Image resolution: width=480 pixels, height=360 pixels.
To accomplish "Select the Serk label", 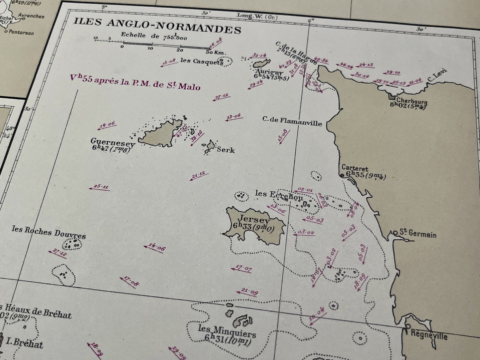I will click(226, 150).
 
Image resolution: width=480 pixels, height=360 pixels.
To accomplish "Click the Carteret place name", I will click(355, 168).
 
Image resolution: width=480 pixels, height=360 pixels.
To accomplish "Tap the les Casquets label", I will click(201, 61).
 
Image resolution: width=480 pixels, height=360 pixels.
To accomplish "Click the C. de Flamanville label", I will click(292, 121).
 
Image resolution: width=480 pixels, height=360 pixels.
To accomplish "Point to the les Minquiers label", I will click(227, 331).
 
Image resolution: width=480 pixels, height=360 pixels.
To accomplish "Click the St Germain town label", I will click(418, 234).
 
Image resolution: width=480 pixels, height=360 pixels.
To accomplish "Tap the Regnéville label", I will click(429, 334).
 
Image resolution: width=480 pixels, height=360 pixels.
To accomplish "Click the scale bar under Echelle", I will click(166, 43).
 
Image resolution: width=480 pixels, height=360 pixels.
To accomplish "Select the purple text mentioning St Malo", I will click(135, 82).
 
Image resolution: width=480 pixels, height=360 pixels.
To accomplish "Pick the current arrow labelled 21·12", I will click(199, 176).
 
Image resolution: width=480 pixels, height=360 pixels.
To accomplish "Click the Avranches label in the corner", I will click(31, 16).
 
